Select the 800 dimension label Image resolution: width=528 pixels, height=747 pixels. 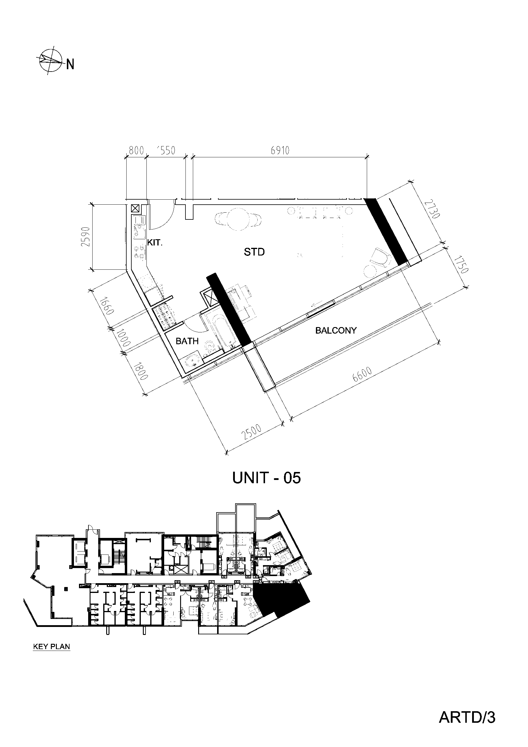136,150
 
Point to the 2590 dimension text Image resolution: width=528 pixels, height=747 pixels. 85,236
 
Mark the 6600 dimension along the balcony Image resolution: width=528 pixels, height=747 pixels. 362,376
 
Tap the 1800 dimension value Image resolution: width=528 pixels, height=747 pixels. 141,370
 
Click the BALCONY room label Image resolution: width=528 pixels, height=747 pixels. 336,331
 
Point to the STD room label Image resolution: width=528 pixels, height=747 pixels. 254,252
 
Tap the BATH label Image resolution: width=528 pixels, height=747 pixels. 187,341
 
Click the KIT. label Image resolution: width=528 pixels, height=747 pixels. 155,243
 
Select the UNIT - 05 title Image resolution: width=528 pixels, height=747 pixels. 267,478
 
